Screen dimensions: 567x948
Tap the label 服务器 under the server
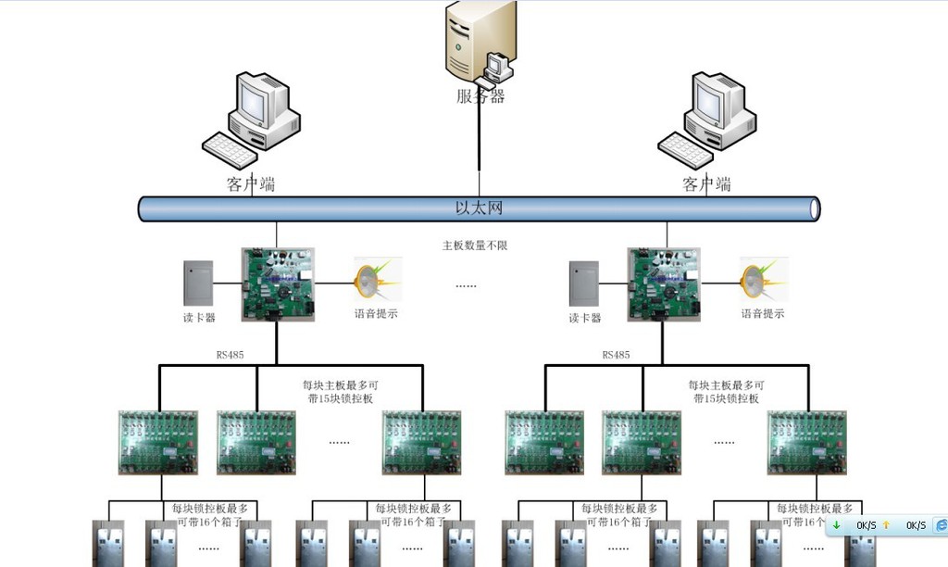(x=480, y=96)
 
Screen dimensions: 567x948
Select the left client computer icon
(x=251, y=117)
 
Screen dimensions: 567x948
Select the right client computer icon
(x=707, y=117)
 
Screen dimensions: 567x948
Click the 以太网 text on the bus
(x=479, y=208)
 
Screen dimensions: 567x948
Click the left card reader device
(x=198, y=283)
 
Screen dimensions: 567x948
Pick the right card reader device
(x=583, y=283)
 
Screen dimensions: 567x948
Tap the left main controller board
(x=278, y=283)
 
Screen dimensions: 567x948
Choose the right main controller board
(x=663, y=283)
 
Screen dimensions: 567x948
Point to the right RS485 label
(x=616, y=355)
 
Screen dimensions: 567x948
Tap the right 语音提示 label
(x=762, y=314)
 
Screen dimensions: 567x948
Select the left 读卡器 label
(x=199, y=318)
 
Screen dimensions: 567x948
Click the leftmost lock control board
(x=158, y=442)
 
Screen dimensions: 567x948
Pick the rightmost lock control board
(x=806, y=442)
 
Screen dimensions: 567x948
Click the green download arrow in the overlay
(x=837, y=525)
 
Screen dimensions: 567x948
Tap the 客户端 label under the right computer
(x=706, y=184)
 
